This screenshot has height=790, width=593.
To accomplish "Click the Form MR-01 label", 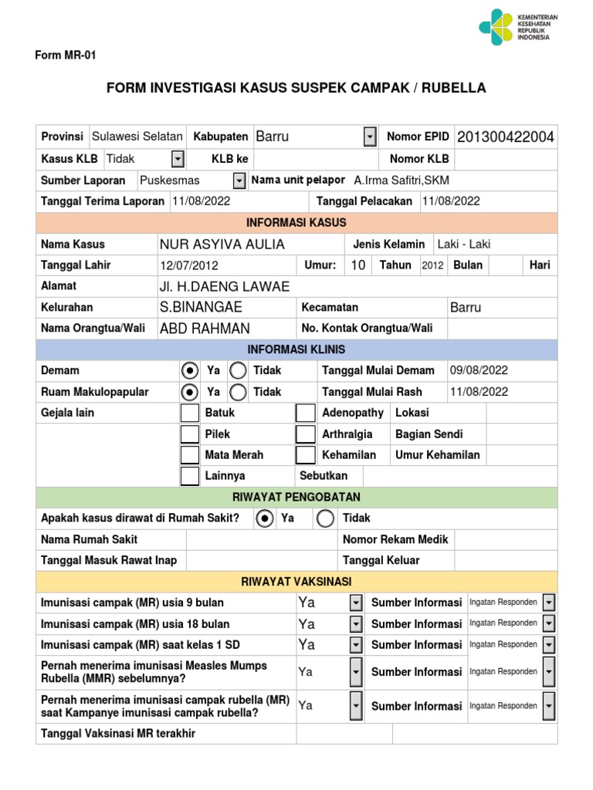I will pyautogui.click(x=66, y=56).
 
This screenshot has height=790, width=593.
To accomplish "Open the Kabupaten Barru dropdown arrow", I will pyautogui.click(x=370, y=137).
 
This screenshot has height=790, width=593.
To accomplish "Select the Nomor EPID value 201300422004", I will pyautogui.click(x=505, y=137).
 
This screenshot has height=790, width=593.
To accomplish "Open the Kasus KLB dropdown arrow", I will pyautogui.click(x=178, y=159).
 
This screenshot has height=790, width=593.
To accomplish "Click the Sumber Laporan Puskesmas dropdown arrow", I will pyautogui.click(x=239, y=181).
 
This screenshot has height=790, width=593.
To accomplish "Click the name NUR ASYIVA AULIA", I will pyautogui.click(x=222, y=245).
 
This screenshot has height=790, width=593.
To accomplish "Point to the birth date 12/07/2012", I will pyautogui.click(x=189, y=265).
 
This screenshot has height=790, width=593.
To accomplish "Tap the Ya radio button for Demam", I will pyautogui.click(x=189, y=370).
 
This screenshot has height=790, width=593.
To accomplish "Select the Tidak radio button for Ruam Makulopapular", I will pyautogui.click(x=239, y=392).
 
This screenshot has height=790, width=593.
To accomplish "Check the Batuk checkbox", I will pyautogui.click(x=189, y=413).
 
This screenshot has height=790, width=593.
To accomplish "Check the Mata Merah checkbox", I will pyautogui.click(x=189, y=455).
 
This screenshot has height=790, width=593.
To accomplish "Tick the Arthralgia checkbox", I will pyautogui.click(x=306, y=434).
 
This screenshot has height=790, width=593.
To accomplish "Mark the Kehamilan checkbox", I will pyautogui.click(x=306, y=455).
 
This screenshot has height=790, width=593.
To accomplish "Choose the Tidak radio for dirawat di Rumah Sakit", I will pyautogui.click(x=325, y=518).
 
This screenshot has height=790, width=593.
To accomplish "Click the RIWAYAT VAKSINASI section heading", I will pyautogui.click(x=296, y=582).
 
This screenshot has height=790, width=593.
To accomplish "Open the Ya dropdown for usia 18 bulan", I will pyautogui.click(x=355, y=623).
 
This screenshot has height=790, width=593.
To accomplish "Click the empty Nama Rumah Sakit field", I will pyautogui.click(x=261, y=539).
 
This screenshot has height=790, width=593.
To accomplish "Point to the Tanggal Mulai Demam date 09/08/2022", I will pyautogui.click(x=479, y=370).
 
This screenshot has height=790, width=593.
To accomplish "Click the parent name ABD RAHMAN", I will pyautogui.click(x=205, y=329).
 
